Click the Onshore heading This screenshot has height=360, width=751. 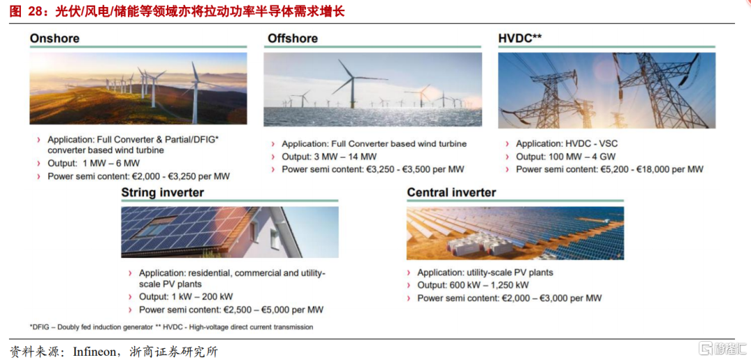tap(55, 38)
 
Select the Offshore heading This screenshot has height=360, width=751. tap(293, 38)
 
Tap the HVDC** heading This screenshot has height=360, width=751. tap(520, 38)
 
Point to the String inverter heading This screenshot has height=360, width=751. tap(163, 193)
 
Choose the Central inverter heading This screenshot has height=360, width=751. tap(452, 193)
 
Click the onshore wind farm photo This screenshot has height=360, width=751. tap(138, 88)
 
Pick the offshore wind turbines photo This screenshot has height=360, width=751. tap(373, 90)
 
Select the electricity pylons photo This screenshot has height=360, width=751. tap(607, 90)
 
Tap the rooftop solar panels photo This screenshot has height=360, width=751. tap(230, 232)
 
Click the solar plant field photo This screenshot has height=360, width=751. tap(515, 233)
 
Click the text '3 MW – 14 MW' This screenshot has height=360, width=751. tap(342, 156)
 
